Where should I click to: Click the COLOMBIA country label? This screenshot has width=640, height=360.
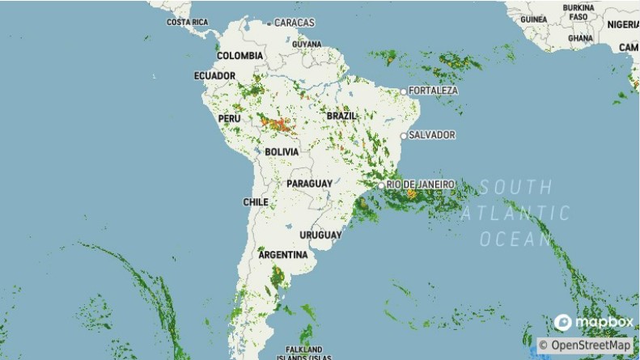(239, 56)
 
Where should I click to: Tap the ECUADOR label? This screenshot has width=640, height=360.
(214, 76)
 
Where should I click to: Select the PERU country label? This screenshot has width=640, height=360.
(230, 118)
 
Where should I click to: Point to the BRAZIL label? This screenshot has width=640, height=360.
(341, 116)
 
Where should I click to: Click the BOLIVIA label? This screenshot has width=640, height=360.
(282, 152)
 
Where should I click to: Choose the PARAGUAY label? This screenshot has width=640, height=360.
(309, 184)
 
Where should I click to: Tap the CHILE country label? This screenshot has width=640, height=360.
(255, 201)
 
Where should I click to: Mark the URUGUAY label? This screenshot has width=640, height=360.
(321, 235)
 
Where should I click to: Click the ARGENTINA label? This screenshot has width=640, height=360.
(282, 255)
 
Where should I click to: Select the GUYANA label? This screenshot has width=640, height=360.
(306, 44)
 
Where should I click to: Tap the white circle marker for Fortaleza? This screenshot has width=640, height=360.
(405, 91)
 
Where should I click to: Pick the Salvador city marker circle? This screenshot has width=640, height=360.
(404, 135)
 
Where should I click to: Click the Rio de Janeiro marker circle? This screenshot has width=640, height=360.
(382, 186)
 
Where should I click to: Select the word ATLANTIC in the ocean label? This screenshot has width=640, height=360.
(515, 214)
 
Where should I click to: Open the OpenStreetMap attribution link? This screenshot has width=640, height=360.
(584, 345)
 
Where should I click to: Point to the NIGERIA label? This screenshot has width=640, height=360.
(622, 24)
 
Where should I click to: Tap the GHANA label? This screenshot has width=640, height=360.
(580, 38)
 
